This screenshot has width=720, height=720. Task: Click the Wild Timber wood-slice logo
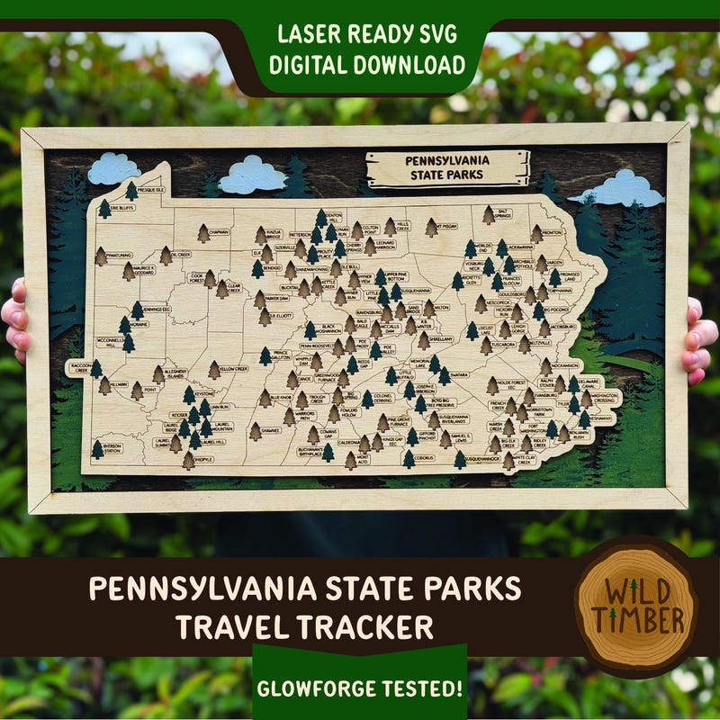point(637,606)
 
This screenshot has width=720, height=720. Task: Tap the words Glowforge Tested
point(360,689)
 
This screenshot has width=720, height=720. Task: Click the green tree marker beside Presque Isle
point(132,191)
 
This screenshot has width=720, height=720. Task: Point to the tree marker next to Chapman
point(203,232)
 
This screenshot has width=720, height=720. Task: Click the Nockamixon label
point(563,367)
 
